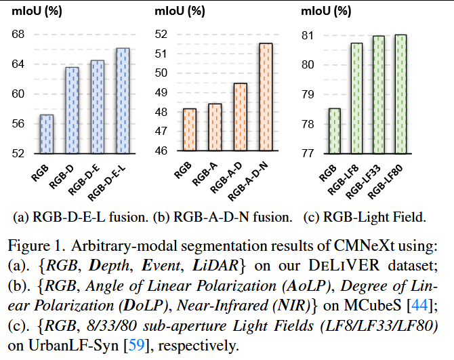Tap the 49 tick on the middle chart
point(163,93)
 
